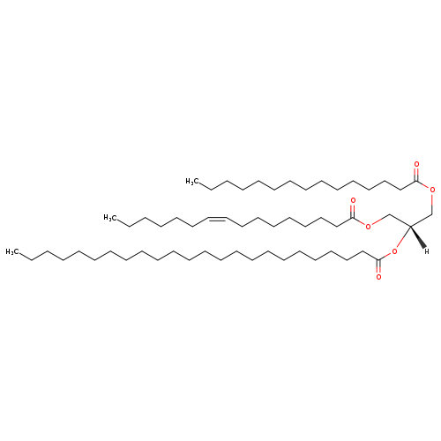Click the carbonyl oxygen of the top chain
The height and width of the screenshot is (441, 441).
[416, 164]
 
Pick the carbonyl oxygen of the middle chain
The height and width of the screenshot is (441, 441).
[353, 201]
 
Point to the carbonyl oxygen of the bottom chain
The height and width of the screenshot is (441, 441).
[378, 277]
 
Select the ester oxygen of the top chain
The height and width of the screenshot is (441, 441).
[432, 190]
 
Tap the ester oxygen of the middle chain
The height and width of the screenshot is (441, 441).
[368, 226]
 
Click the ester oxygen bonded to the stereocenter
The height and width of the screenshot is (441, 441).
[394, 251]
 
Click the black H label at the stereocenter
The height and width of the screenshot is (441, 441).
[427, 251]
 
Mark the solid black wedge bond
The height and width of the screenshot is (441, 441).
[418, 237]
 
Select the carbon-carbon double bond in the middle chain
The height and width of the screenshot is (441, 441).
[218, 219]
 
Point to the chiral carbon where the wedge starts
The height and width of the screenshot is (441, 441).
[410, 226]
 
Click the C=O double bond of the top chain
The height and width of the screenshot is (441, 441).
[416, 175]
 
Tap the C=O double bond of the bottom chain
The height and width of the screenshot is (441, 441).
[378, 266]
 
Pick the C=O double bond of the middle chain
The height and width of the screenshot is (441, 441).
[353, 211]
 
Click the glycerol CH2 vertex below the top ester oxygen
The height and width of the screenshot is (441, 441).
[432, 214]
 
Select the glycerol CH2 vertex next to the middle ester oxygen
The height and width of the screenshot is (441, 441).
[389, 214]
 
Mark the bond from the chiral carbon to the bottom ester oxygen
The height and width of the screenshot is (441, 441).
[403, 237]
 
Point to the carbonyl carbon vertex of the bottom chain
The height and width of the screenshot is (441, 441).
[378, 259]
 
